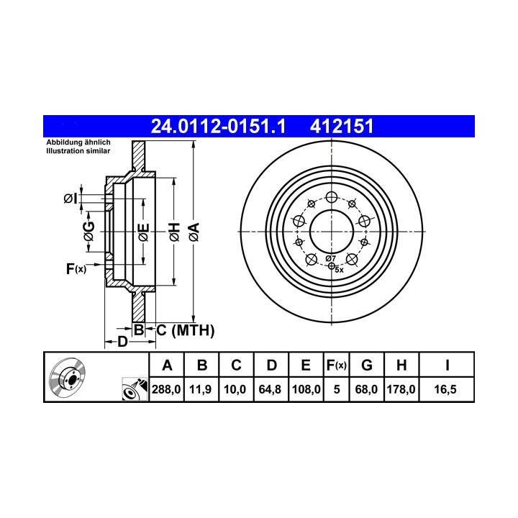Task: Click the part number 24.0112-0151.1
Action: [218, 126]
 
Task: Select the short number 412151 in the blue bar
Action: [342, 126]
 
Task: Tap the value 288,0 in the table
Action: [166, 389]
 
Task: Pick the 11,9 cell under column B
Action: [201, 389]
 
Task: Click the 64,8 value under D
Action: [270, 389]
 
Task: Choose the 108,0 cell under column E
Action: [306, 389]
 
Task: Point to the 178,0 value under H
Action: [401, 389]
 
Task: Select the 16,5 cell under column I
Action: [445, 389]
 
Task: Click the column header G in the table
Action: [367, 365]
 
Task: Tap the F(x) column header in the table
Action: [336, 365]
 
